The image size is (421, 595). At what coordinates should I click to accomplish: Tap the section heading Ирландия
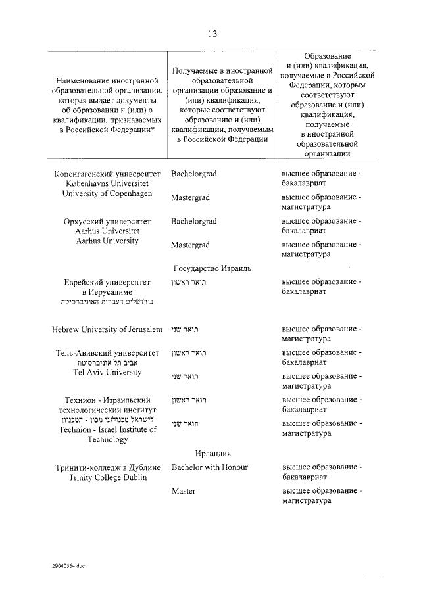coord(212,453)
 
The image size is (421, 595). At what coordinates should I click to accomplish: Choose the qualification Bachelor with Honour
coord(209,467)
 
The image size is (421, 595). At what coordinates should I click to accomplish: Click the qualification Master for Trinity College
coord(184,491)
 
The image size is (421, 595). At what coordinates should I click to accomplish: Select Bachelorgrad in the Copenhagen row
coord(194,174)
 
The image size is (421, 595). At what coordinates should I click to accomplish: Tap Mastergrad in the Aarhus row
coord(190,245)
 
